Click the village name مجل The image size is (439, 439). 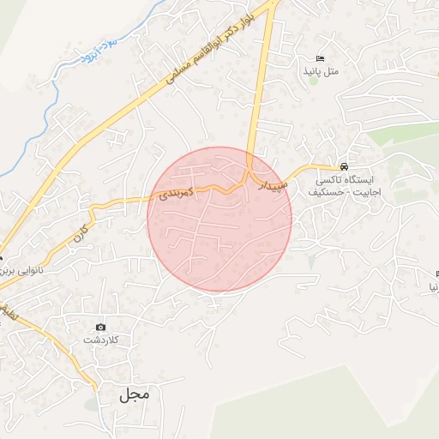(x=134, y=394)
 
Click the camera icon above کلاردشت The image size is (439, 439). (x=101, y=327)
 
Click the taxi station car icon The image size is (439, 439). (x=344, y=166)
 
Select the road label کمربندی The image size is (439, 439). (x=177, y=195)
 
